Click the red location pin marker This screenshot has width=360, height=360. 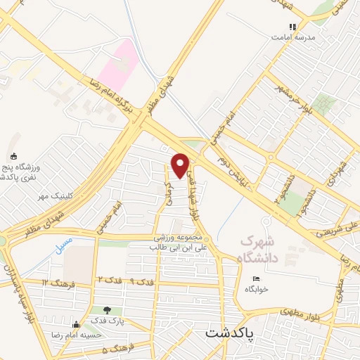coord(181,166)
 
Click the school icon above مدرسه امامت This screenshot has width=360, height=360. coord(292,27)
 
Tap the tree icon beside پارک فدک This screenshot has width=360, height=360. coord(107,309)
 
